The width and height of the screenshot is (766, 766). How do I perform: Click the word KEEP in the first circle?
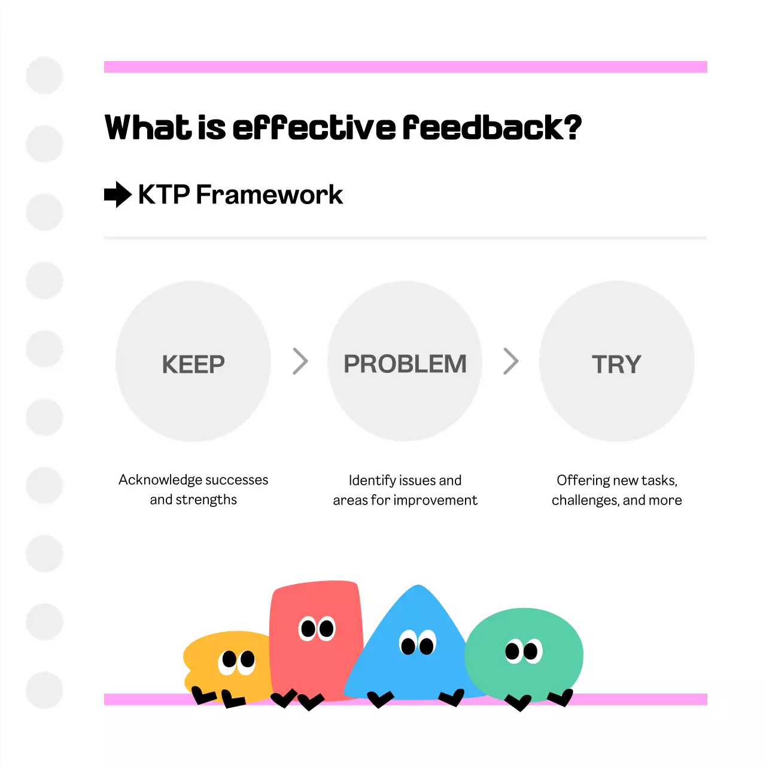193,364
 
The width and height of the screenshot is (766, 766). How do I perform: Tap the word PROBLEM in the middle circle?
405,364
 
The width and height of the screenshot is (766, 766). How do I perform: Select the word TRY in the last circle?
616,364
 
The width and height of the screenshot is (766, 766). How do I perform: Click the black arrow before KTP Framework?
117,194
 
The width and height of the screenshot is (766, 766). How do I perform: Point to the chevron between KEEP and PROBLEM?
300,361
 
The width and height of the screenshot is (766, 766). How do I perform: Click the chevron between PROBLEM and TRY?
510,361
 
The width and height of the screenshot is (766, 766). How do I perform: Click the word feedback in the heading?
482,127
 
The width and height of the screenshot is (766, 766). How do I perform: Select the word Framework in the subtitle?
269,194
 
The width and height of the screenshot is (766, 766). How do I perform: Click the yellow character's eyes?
237,661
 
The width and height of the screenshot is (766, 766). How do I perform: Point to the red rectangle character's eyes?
317,628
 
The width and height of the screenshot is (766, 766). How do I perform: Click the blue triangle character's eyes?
418,644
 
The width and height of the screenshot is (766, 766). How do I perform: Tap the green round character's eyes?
523,651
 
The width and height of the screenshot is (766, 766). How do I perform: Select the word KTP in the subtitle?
164,194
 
